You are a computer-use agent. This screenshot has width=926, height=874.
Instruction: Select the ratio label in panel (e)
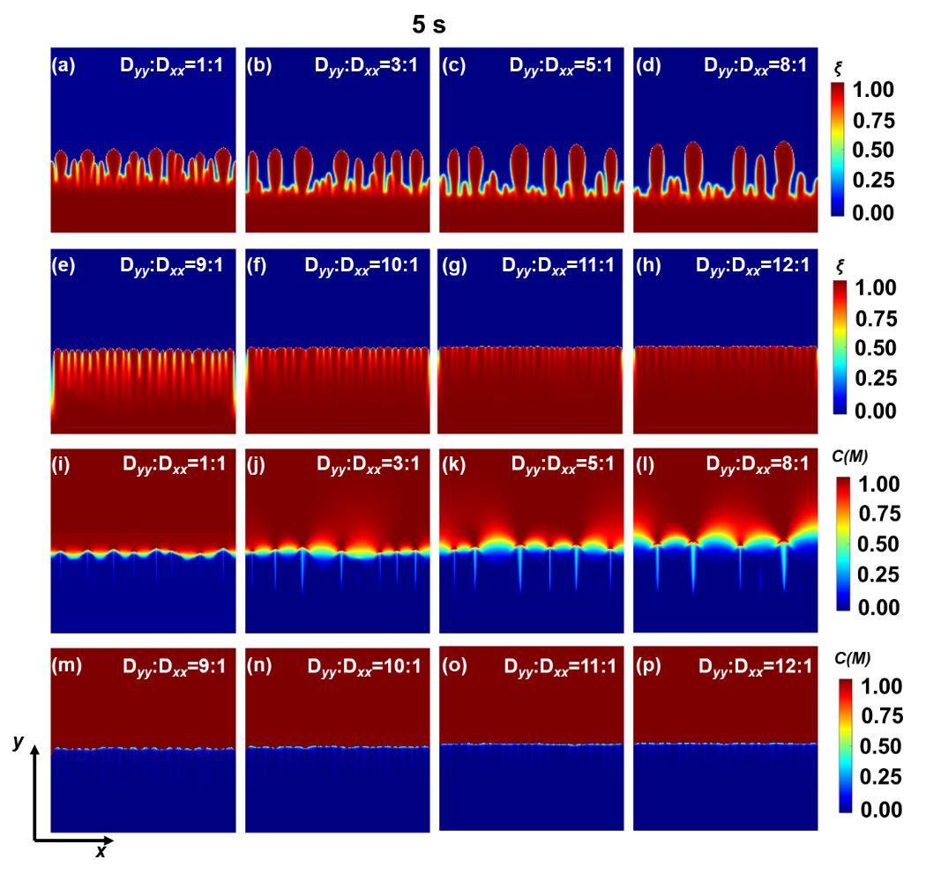pyautogui.click(x=173, y=263)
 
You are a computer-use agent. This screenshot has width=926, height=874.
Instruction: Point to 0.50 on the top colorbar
pyautogui.click(x=872, y=151)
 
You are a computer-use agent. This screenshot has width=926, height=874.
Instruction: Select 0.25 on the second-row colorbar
pyautogui.click(x=872, y=380)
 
